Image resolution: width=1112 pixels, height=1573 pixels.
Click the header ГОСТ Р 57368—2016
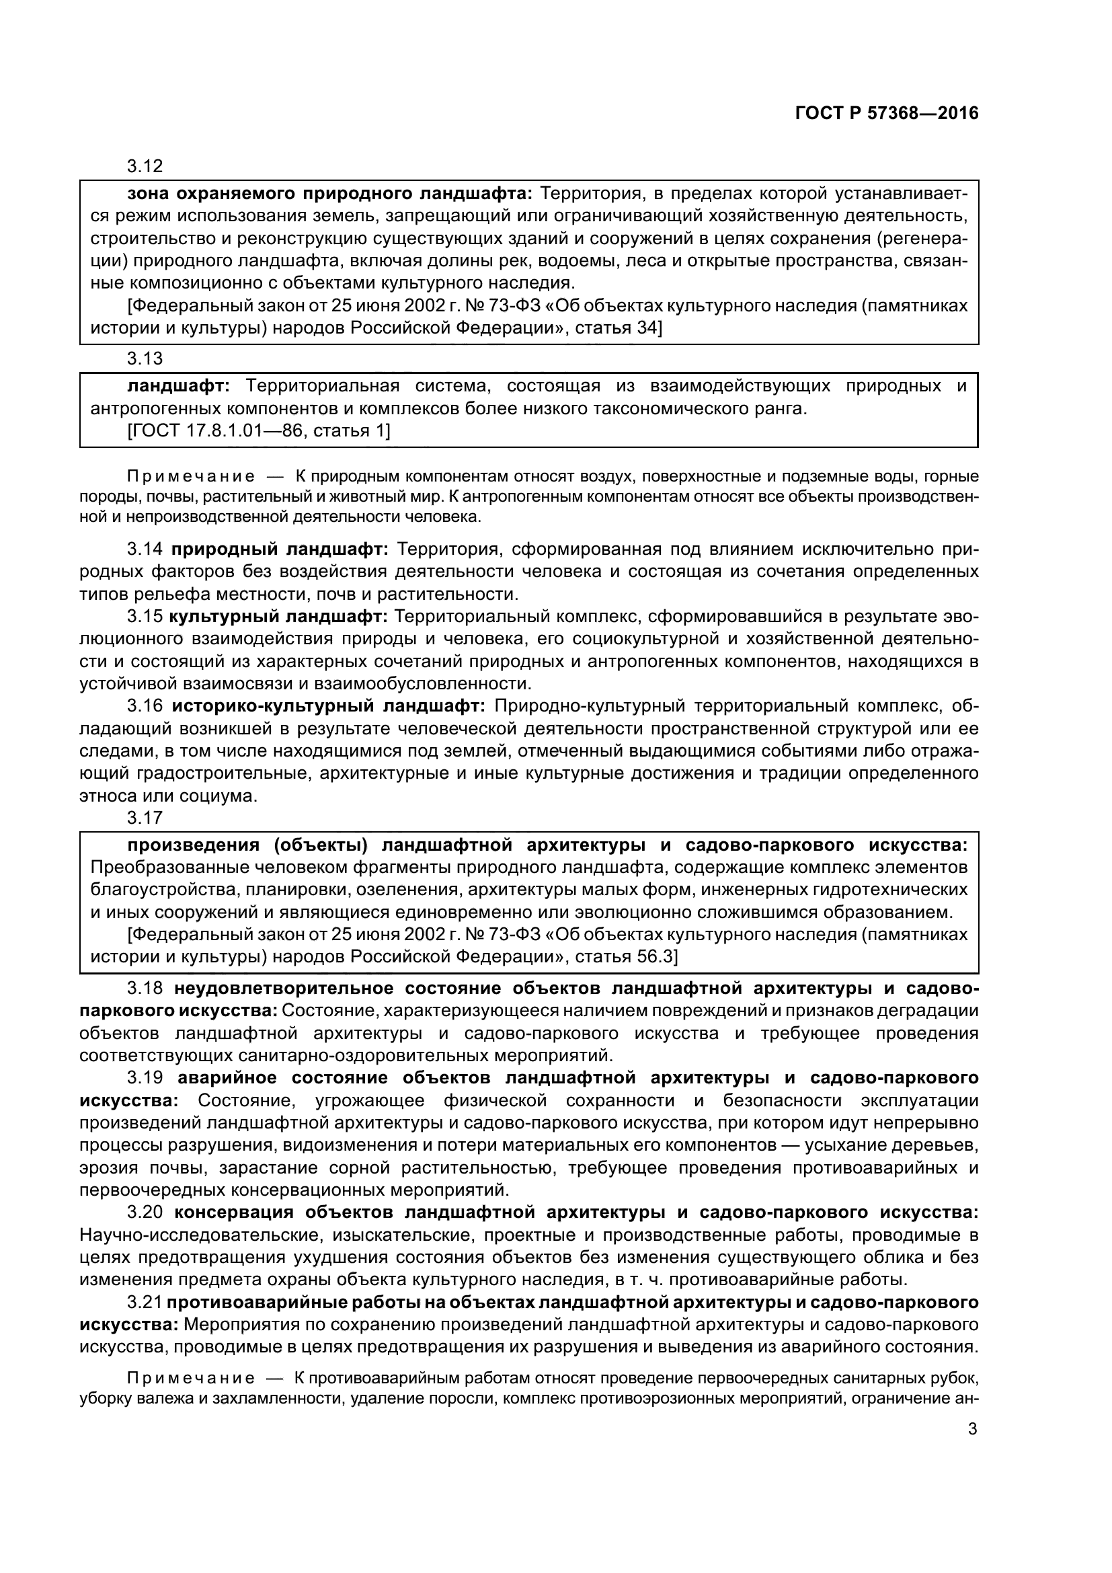tap(887, 114)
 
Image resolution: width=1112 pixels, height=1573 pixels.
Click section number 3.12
tap(145, 167)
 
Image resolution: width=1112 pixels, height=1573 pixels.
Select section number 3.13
tap(145, 358)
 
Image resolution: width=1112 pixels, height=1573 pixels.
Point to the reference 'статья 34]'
tap(618, 328)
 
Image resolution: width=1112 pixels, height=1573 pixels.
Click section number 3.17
tap(145, 817)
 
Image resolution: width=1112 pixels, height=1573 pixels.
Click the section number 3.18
tap(145, 988)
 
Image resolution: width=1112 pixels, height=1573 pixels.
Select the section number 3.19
tap(145, 1077)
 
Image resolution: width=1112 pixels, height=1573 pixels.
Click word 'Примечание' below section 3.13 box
tap(191, 476)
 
